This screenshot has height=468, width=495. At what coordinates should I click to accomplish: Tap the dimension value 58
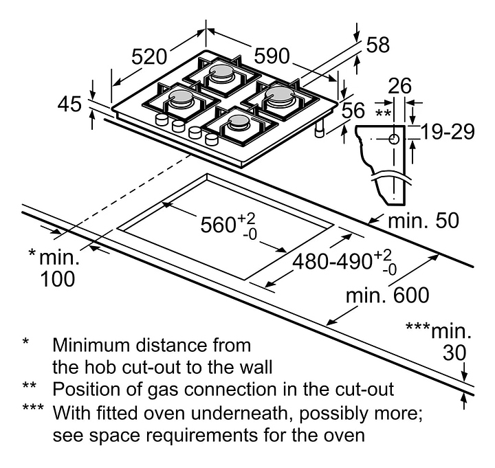tap(377, 45)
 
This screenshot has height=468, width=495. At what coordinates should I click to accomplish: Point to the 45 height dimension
tap(70, 104)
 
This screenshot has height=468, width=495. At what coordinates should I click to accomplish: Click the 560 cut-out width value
tap(219, 224)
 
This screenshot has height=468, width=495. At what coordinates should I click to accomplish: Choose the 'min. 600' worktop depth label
tap(387, 296)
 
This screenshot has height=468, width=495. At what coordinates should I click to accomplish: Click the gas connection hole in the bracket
tap(394, 140)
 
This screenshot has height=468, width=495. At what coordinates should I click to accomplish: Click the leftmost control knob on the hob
tap(163, 121)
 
